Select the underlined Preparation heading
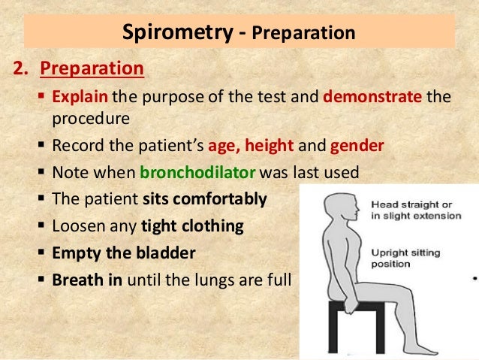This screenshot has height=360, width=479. pyautogui.click(x=92, y=69)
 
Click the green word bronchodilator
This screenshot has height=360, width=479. pyautogui.click(x=198, y=172)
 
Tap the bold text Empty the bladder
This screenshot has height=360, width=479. pyautogui.click(x=123, y=253)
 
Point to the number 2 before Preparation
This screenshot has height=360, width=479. pyautogui.click(x=20, y=69)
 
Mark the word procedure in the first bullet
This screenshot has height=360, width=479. pyautogui.click(x=91, y=118)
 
